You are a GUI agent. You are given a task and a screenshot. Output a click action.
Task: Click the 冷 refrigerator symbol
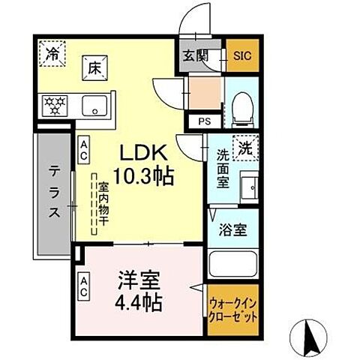[52, 55]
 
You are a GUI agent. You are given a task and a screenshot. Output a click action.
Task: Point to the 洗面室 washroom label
[223, 172]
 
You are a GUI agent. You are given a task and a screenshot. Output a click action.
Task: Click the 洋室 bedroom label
[139, 285]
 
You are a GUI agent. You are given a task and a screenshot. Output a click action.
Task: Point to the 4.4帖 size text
[139, 305]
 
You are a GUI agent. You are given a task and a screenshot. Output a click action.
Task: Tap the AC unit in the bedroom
[83, 286]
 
